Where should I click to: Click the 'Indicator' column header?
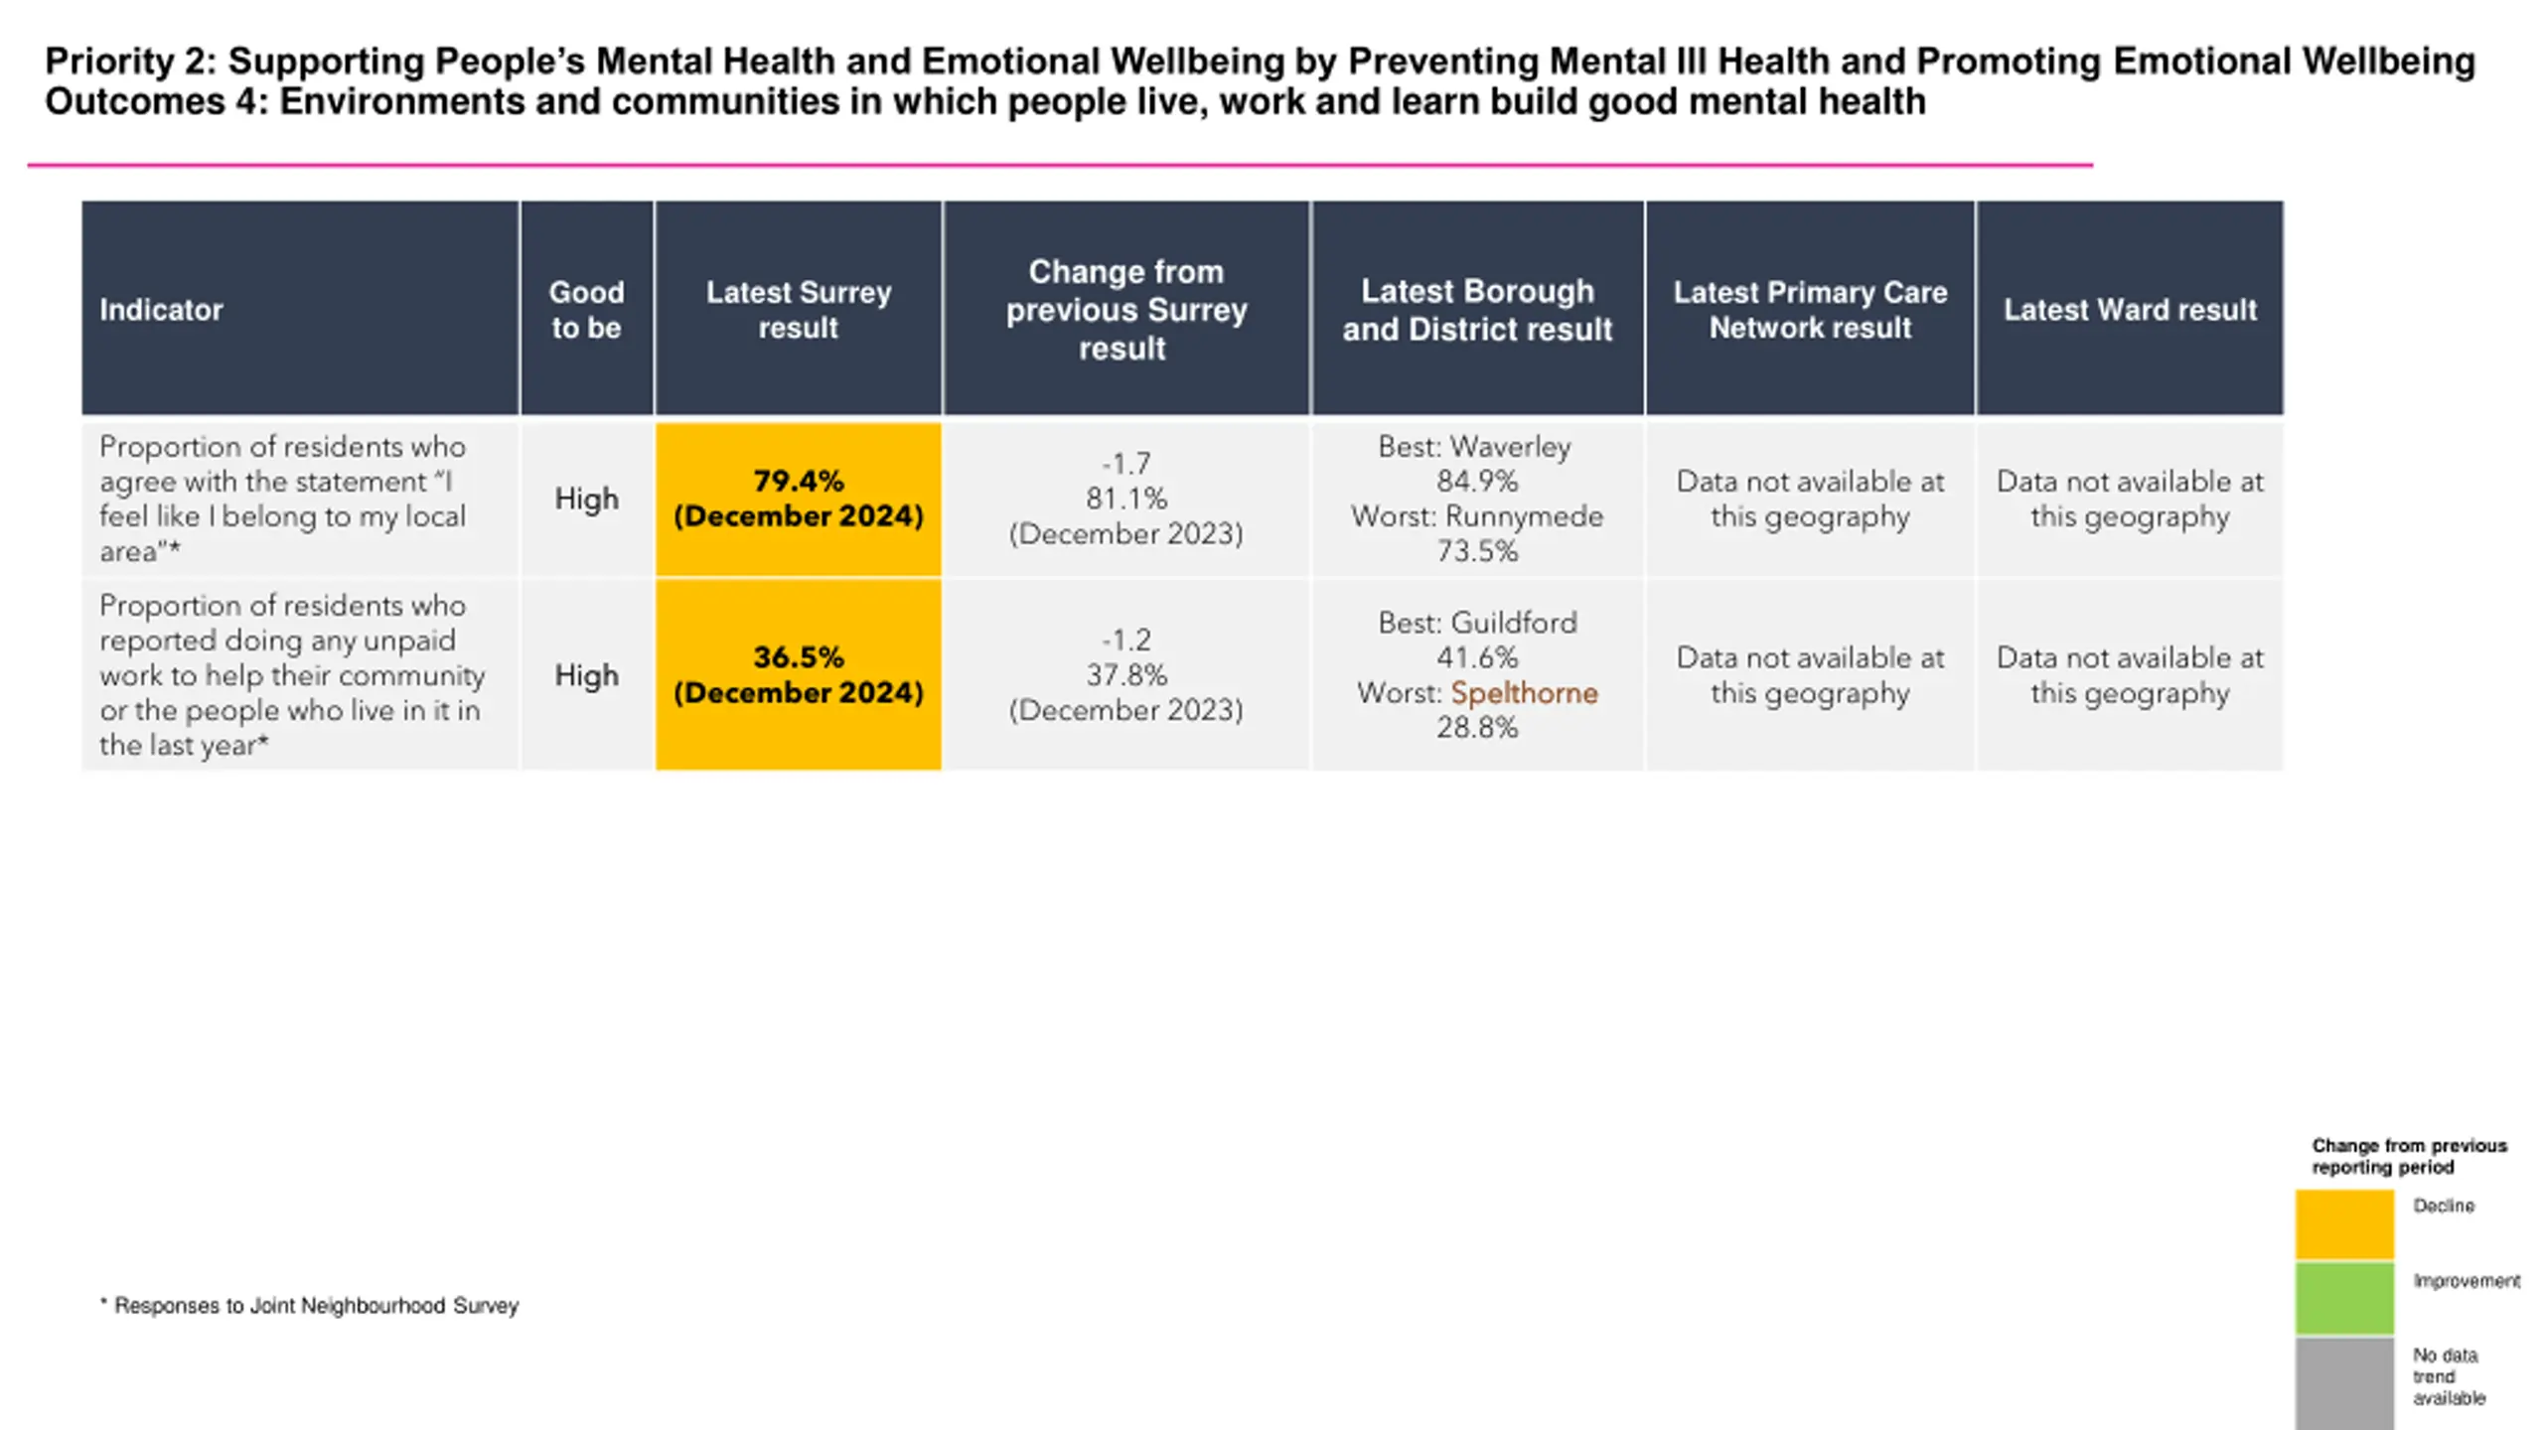161,310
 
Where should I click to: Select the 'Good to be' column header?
586,310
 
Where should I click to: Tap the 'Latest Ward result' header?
2130,310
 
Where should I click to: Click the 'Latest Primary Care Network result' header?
1810,310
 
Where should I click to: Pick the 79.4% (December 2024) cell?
799,499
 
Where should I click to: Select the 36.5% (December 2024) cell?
799,674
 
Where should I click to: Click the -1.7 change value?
1125,464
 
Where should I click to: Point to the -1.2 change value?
1125,640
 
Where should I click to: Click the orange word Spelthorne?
1524,693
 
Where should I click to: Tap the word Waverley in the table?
1510,447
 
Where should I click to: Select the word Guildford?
1513,623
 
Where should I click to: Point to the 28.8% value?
1477,728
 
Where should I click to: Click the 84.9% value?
1477,482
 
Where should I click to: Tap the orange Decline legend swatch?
2344,1224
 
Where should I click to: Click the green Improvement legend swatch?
2344,1298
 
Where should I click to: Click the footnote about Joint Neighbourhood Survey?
310,1306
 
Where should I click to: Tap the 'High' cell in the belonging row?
586,499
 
